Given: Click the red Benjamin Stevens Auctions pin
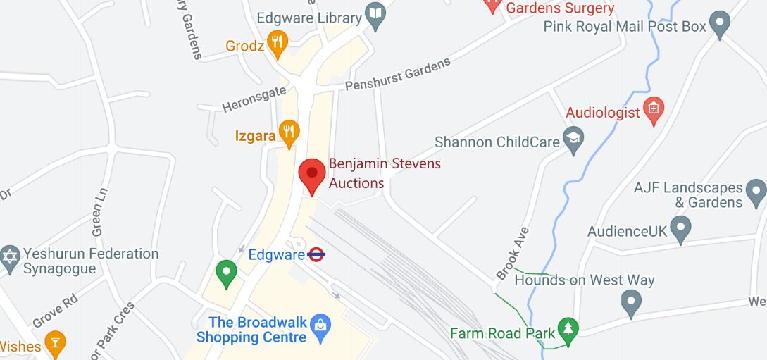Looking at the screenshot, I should coord(312,175).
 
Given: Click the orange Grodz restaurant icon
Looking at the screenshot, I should coord(278,44).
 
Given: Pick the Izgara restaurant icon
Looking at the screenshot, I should coord(289,132).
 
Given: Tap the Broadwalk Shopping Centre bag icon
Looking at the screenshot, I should coord(320,325).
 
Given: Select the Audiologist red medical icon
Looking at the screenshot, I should coord(654,110).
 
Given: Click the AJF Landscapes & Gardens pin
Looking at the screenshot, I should coord(756,190).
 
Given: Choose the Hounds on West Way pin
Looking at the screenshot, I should coord(630,303).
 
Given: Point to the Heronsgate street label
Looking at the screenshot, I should coord(254,99).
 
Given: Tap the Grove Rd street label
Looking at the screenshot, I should coord(56,310).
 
